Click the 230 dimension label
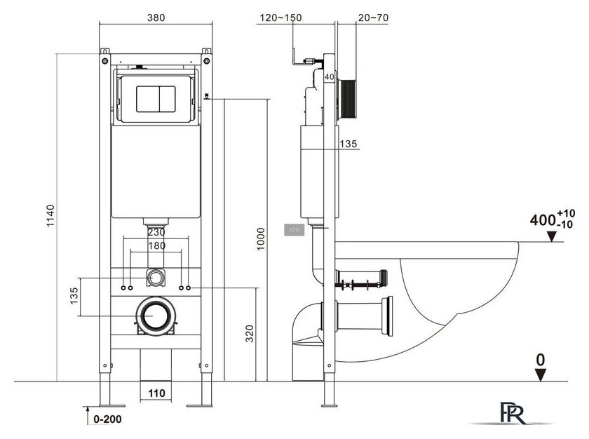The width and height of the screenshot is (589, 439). point(156,232)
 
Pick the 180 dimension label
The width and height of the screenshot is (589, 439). point(156,245)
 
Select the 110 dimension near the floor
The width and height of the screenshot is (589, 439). point(156,394)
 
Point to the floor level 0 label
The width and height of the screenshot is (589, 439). point(540,358)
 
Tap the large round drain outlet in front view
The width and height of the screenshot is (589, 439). point(155,318)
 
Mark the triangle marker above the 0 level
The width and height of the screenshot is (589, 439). point(540,374)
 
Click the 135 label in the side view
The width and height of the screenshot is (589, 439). point(348,144)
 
